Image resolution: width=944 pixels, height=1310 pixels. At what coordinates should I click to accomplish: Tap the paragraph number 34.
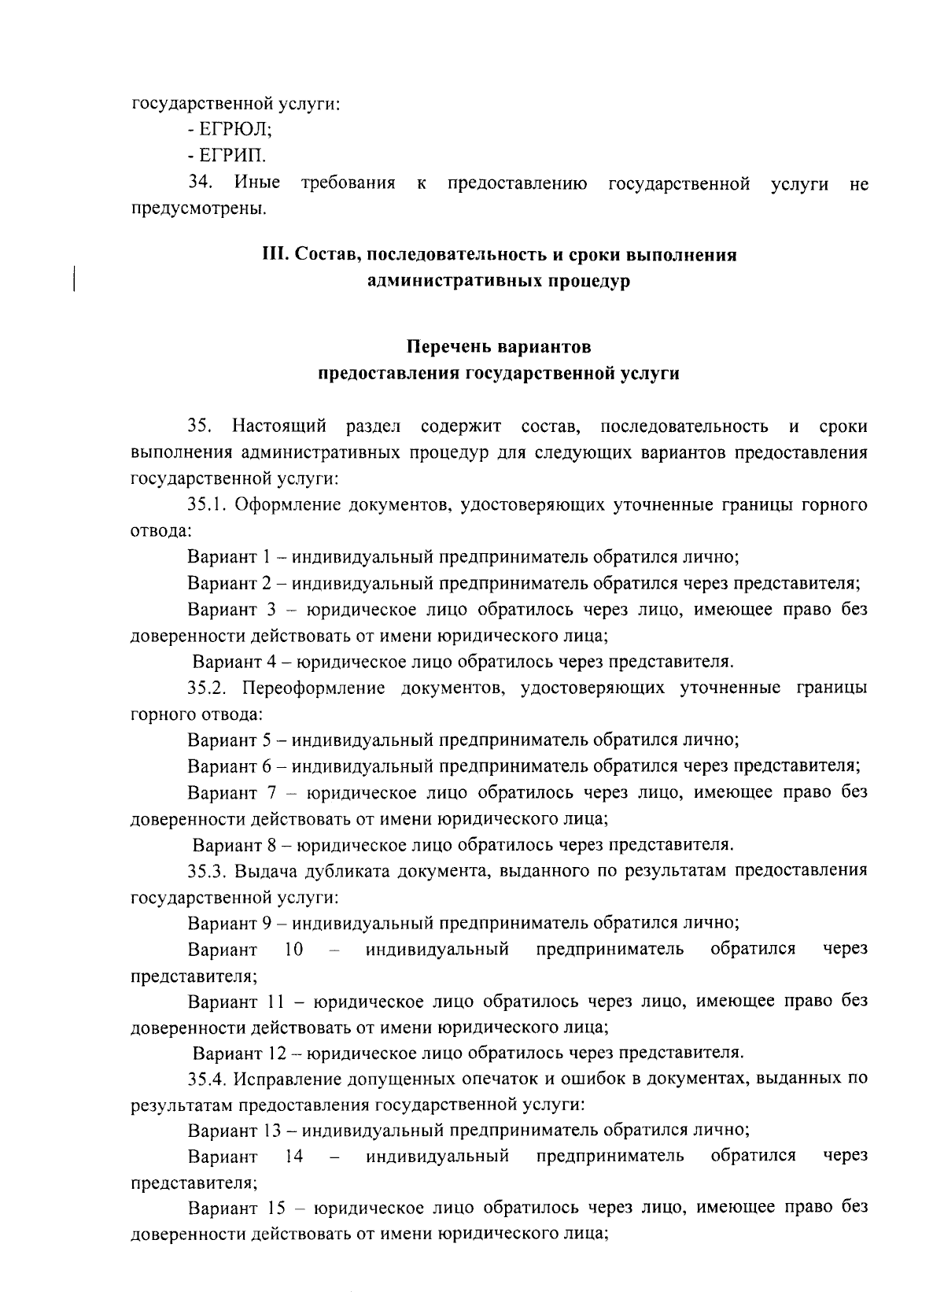pyautogui.click(x=201, y=183)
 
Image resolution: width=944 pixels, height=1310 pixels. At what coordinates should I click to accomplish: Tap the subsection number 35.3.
pyautogui.click(x=208, y=870)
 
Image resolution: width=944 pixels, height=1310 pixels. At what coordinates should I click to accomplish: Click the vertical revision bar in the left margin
pyautogui.click(x=74, y=279)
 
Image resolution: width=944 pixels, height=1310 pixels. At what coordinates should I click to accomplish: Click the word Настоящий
pyautogui.click(x=279, y=427)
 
